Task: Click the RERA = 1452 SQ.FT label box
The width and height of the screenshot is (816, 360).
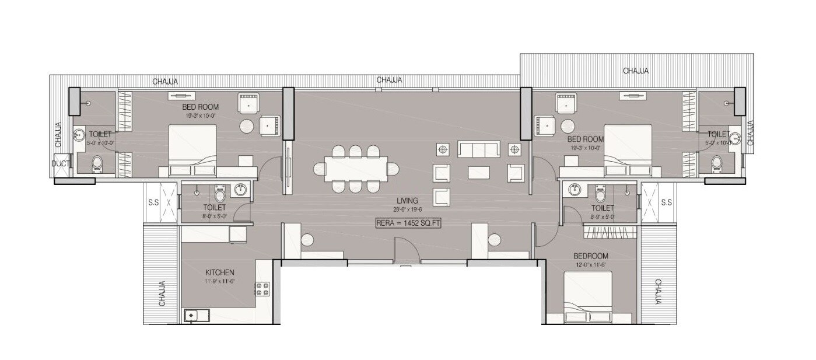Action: tap(408, 222)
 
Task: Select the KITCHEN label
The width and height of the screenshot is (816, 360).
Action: tap(220, 272)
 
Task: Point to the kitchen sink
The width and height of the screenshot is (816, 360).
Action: tap(191, 316)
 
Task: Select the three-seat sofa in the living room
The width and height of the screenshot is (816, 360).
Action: tap(479, 149)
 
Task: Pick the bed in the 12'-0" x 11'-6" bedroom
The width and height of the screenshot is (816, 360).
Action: tap(588, 297)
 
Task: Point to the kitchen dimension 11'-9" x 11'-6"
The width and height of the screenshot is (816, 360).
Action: tap(220, 281)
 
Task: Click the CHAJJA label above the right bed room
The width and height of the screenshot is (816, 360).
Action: tap(636, 71)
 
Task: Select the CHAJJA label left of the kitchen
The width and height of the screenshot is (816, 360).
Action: tap(162, 293)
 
